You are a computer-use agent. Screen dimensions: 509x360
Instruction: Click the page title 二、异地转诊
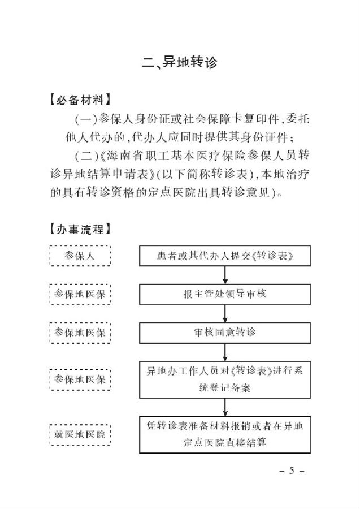pyautogui.click(x=179, y=62)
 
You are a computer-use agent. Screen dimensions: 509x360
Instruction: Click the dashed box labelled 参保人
pyautogui.click(x=80, y=256)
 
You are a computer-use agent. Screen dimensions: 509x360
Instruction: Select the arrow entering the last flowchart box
pyautogui.click(x=226, y=407)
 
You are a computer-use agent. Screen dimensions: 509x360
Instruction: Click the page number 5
pyautogui.click(x=292, y=471)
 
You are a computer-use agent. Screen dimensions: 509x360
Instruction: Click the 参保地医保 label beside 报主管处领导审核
pyautogui.click(x=80, y=294)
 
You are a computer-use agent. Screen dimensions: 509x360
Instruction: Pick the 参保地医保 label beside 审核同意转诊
pyautogui.click(x=80, y=331)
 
